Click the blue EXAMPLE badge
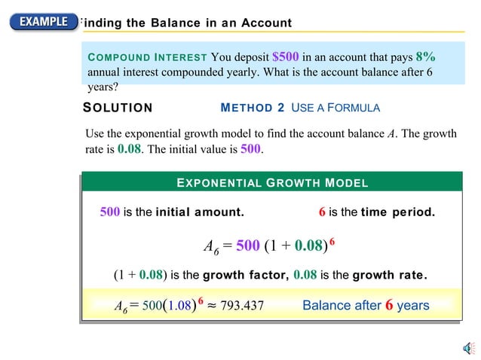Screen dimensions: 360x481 [44, 21]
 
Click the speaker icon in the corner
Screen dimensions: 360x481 [467, 347]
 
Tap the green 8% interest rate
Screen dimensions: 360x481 [425, 56]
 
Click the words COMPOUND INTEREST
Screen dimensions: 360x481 [147, 57]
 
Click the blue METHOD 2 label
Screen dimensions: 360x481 [253, 108]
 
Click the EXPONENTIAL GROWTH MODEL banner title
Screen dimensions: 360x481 [271, 183]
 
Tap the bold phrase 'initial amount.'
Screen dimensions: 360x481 [200, 212]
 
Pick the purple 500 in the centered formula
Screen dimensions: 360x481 [248, 246]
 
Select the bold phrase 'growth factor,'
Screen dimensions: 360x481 [247, 275]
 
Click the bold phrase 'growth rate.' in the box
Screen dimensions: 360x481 [390, 275]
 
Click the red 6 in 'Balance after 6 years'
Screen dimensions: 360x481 [390, 305]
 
